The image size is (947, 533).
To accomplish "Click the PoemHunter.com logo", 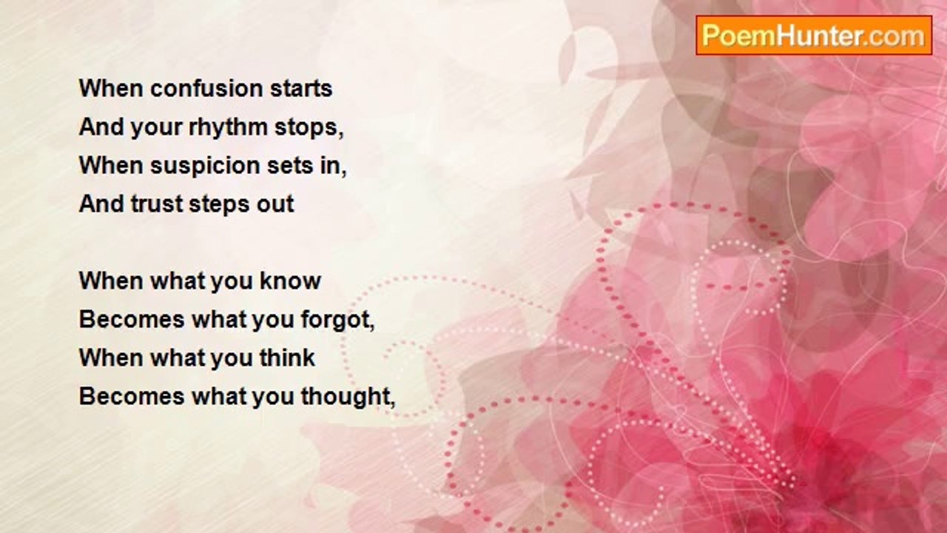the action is (x=814, y=36).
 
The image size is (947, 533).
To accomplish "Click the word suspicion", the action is (x=205, y=167).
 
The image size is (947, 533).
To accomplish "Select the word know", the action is (x=290, y=281).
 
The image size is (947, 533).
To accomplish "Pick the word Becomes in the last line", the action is (x=132, y=397).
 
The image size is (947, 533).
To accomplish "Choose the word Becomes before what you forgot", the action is (x=132, y=319).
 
